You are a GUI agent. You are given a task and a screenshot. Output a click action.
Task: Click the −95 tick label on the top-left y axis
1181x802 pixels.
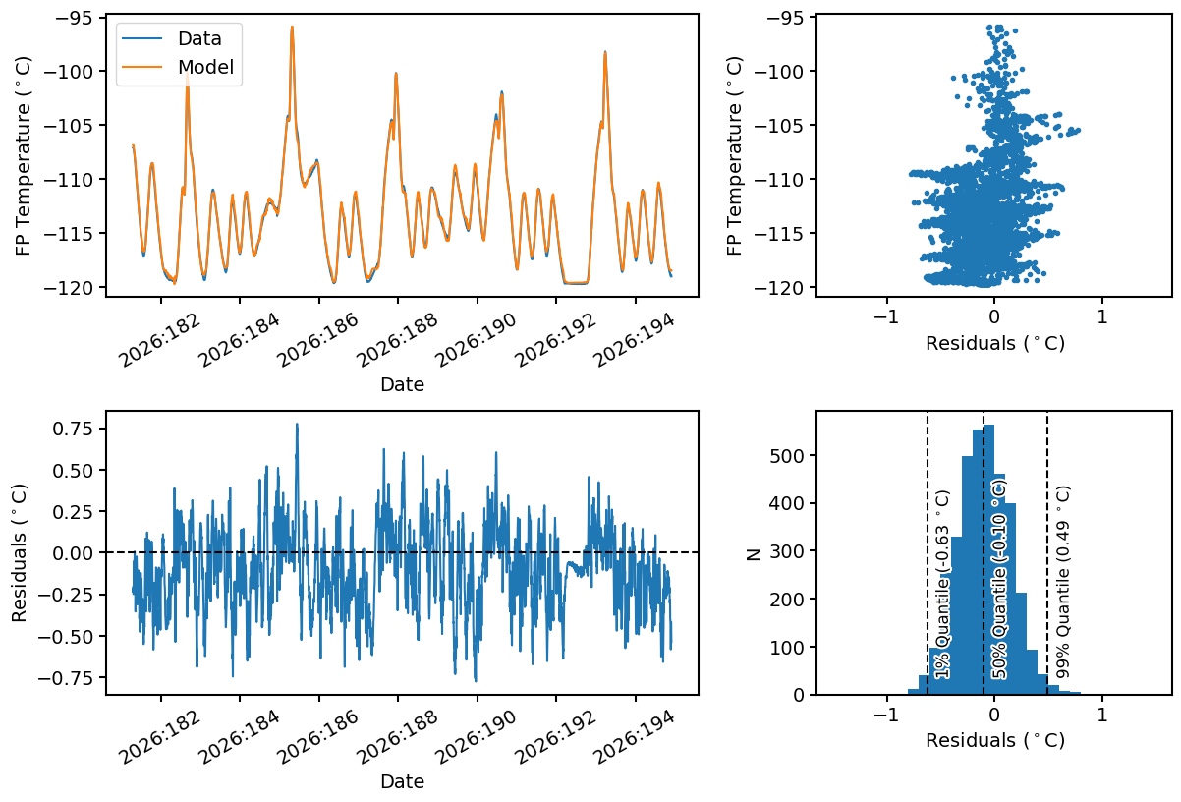pos(73,18)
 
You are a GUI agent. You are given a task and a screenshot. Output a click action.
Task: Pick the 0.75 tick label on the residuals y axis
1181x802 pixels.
pos(73,429)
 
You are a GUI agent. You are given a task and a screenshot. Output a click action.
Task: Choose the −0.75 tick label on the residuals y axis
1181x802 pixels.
pos(66,677)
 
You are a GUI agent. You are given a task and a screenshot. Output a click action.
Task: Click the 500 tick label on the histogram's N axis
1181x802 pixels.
pos(786,455)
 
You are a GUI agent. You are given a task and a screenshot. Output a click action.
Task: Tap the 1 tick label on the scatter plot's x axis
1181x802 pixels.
pos(1102,316)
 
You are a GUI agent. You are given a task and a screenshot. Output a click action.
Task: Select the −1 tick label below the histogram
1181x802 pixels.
pos(886,715)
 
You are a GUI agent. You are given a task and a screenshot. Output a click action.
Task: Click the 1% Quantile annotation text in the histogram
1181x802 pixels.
pos(942,584)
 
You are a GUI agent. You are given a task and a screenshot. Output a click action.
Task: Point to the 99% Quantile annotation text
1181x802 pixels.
pos(1062,582)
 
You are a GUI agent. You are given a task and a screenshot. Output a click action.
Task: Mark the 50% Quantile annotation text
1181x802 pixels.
pos(998,579)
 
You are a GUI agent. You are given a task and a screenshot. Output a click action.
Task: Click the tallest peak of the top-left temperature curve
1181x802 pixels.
pos(292,27)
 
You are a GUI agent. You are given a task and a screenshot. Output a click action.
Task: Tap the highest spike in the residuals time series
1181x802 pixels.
pos(297,424)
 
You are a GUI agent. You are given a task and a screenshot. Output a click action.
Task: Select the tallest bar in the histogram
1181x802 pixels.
pos(988,559)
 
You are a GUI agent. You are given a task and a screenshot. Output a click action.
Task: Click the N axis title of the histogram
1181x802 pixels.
pos(755,553)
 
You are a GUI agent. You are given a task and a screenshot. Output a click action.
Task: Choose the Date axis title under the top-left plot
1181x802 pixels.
pos(402,384)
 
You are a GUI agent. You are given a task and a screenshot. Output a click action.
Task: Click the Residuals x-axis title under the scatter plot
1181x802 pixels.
pos(995,343)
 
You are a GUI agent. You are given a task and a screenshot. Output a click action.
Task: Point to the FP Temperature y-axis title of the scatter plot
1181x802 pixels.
pos(734,155)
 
